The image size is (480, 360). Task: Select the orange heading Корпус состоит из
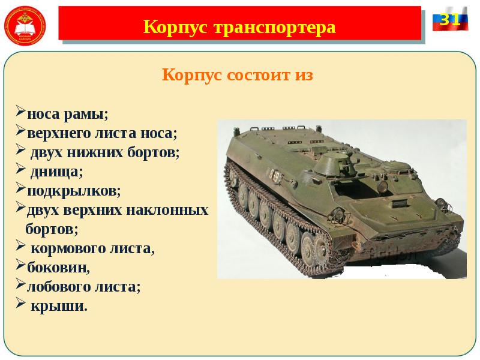[238, 76]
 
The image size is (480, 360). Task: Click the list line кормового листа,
[92, 248]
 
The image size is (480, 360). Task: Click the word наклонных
[175, 210]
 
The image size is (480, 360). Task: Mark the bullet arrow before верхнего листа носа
[20, 131]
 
